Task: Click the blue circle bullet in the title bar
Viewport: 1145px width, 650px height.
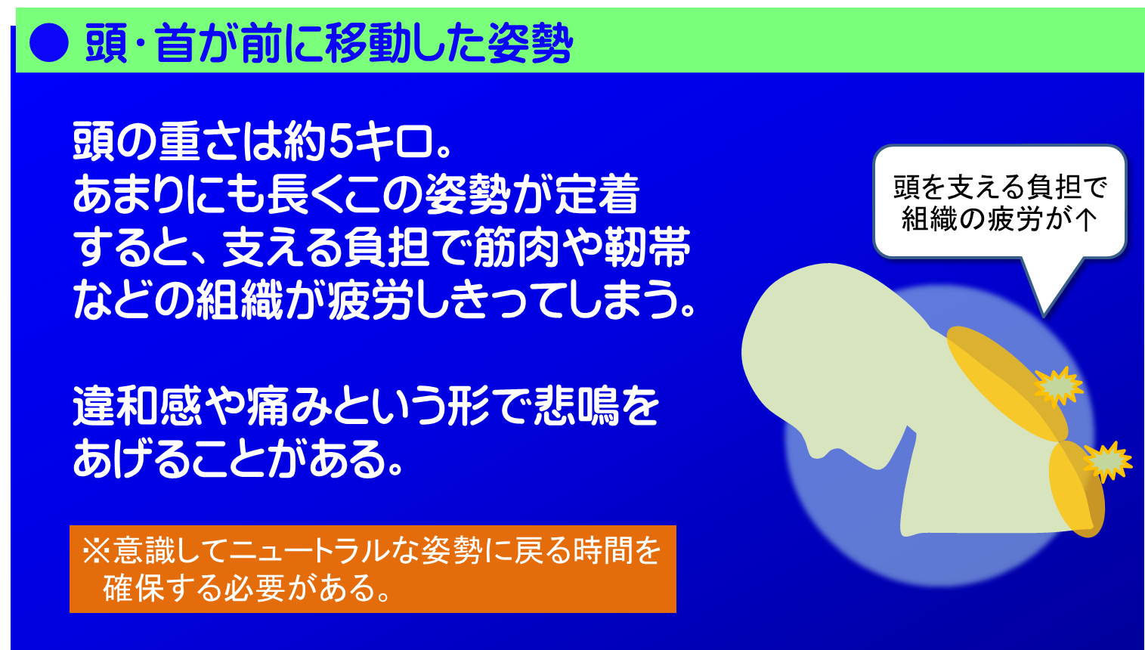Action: coord(49,43)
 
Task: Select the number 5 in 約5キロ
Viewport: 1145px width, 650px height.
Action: coord(341,141)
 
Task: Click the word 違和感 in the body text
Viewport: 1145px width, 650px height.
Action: coord(138,406)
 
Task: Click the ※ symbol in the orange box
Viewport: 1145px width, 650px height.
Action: coord(96,551)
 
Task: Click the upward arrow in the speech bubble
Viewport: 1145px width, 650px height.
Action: coord(1085,219)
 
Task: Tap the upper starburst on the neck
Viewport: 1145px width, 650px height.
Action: coord(1057,387)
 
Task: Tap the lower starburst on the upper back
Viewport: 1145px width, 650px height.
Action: coord(1107,462)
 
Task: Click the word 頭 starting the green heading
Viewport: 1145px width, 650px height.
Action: coord(107,44)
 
